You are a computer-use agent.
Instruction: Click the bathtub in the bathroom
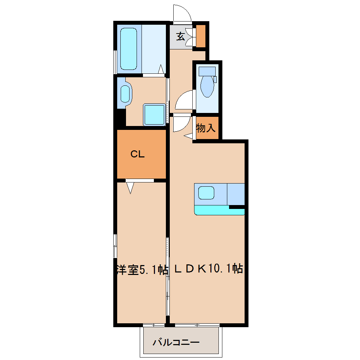128,49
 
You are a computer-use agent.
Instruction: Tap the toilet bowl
207,86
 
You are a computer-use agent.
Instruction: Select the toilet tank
207,71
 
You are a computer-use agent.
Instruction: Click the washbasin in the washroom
125,94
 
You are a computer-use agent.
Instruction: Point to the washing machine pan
154,115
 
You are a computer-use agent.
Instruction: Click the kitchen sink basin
206,193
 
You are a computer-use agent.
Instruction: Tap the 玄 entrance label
180,36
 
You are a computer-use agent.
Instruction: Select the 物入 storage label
206,128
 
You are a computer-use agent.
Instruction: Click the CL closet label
138,154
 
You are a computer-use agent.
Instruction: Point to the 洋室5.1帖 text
142,270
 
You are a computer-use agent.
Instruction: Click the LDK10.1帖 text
209,268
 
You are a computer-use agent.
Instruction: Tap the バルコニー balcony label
176,342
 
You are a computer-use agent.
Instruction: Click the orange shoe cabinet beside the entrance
201,36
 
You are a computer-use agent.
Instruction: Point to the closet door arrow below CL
130,187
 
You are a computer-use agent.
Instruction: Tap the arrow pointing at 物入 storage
188,136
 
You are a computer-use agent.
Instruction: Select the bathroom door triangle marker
161,69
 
